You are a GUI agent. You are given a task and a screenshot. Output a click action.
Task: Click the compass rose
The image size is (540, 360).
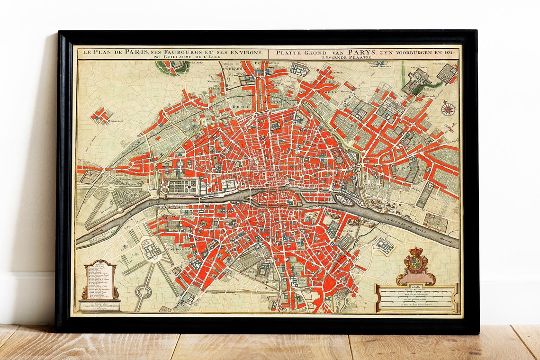coord(447,109)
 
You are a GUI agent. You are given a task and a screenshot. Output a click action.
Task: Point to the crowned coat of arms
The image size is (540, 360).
coord(415,265)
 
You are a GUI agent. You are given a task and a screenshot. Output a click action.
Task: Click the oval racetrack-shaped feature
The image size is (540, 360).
coord(143,292)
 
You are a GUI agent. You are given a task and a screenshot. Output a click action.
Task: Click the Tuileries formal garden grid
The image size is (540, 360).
coord(183,187)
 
